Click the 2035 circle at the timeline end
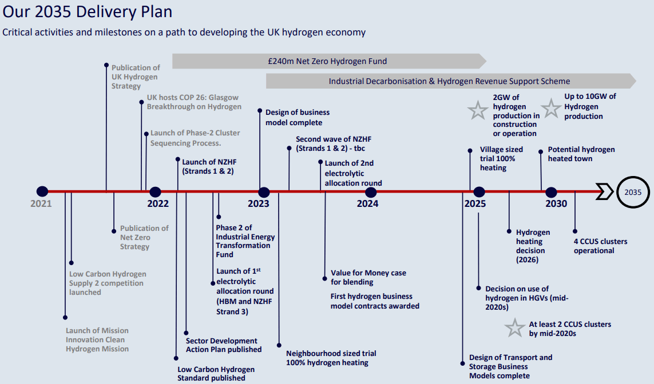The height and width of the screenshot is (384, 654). coord(633,192)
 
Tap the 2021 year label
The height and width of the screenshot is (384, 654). coord(41,203)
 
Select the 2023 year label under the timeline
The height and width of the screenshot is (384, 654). coord(259,203)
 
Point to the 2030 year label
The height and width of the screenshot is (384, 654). coord(556,203)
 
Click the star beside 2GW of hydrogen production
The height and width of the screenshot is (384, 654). coord(478,110)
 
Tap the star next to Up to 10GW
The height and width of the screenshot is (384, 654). coord(551,108)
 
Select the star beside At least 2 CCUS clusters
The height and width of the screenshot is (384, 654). coord(515,328)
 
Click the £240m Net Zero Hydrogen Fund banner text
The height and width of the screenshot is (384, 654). coord(327,61)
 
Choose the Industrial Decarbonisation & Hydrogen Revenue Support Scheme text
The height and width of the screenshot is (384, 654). coord(449,81)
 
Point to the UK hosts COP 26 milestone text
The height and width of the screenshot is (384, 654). coord(194,102)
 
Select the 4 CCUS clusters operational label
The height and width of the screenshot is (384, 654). coord(600,246)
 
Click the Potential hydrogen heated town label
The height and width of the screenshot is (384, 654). coord(581,154)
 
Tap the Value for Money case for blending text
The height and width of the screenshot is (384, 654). coord(368,277)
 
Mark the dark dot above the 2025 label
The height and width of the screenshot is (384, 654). coord(479,192)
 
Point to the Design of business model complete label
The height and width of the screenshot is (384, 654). coord(298,117)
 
